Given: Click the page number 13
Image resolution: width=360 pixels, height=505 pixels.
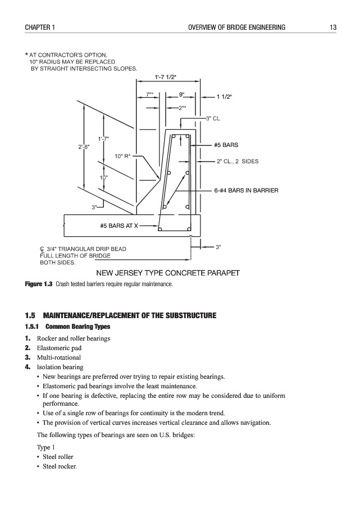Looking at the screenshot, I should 333,27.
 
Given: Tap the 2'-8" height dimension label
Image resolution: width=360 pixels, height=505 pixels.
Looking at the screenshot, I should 84,147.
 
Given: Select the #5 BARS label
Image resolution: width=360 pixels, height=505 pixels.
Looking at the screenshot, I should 226,145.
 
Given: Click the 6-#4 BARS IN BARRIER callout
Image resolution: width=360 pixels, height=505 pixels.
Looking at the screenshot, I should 246,191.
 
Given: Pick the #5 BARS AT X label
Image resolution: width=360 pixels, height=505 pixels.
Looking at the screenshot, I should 119,226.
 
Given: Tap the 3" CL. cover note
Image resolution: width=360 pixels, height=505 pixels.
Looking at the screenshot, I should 213,118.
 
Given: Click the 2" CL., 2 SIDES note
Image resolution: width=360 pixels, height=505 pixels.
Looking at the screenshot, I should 237,162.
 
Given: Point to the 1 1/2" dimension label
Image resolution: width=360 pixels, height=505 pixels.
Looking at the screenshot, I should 224,97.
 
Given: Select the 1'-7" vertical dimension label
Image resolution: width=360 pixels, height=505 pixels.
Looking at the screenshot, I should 103,139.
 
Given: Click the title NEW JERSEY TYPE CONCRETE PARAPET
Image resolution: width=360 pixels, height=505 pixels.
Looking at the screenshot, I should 168,273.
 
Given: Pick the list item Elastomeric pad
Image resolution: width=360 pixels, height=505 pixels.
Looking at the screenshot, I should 59,348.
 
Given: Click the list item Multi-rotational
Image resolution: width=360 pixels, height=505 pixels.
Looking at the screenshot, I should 59,357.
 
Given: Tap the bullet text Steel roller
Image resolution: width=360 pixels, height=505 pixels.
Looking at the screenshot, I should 58,457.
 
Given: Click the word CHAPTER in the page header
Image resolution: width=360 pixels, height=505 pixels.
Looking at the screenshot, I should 37,27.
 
